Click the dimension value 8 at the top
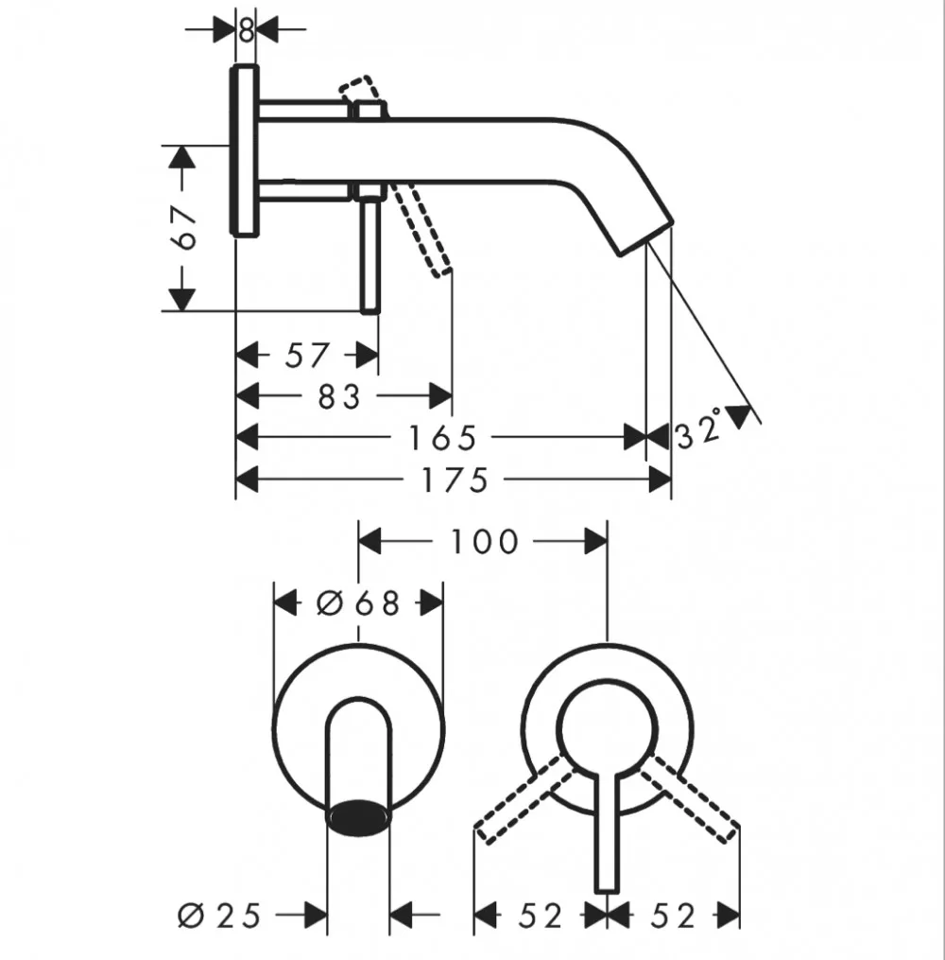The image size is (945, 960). coord(246,29)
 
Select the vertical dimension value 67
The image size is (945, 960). coord(184,228)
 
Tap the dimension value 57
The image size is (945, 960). coord(307,355)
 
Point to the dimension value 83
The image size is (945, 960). coord(339,396)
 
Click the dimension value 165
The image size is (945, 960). coord(441,438)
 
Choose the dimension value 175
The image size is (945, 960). coord(455,480)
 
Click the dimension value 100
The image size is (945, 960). coord(485,542)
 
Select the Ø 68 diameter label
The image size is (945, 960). coord(358,603)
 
